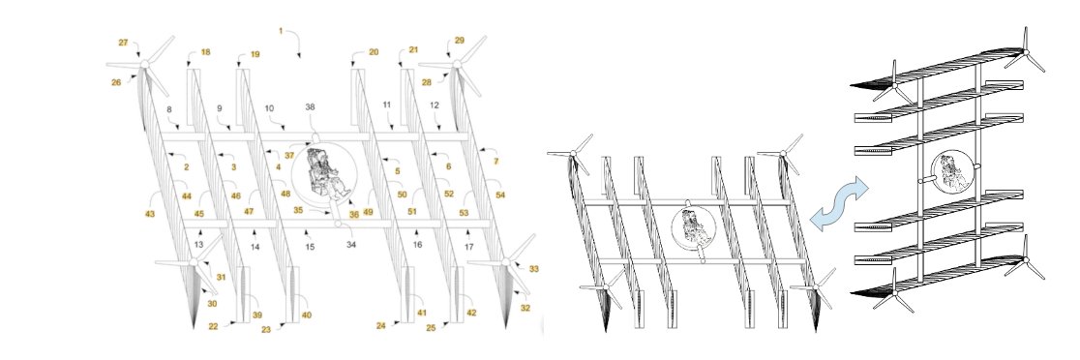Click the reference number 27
coord(123,44)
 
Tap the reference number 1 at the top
coord(282,32)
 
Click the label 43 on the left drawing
coord(150,213)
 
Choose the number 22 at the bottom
coord(214,326)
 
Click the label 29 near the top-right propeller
coord(459,42)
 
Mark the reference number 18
coord(205,53)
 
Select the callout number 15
coord(310,248)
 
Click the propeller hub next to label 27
coord(143,64)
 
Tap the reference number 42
coord(471,313)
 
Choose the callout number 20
coord(374,51)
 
